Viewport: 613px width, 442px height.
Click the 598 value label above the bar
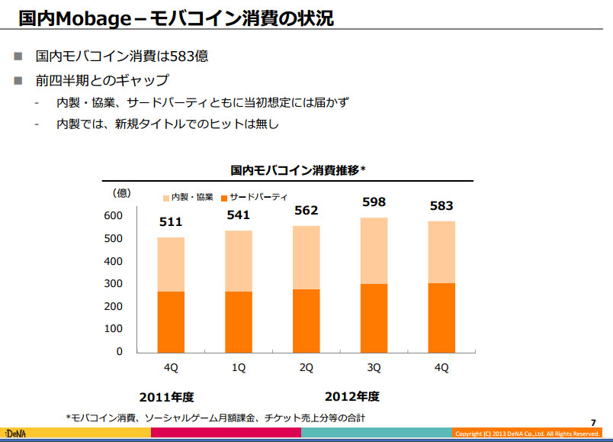(374, 202)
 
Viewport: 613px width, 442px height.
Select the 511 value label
(170, 222)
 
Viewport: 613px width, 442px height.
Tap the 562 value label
(306, 210)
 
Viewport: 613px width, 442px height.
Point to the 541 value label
(238, 215)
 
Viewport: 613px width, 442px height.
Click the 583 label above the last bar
(441, 205)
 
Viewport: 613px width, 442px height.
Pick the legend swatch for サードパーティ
(224, 197)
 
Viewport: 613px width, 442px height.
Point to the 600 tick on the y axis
(114, 216)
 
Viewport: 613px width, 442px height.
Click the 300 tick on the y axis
(114, 284)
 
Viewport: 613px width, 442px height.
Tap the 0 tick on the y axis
(119, 352)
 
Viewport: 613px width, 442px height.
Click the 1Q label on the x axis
(238, 368)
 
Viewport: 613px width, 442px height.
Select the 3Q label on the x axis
(374, 368)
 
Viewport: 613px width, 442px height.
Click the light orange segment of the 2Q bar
(306, 257)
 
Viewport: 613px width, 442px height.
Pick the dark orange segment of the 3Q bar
(374, 318)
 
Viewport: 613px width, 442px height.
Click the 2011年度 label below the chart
(167, 397)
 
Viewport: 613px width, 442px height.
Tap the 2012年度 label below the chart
(351, 397)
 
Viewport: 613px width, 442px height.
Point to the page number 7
(593, 422)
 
